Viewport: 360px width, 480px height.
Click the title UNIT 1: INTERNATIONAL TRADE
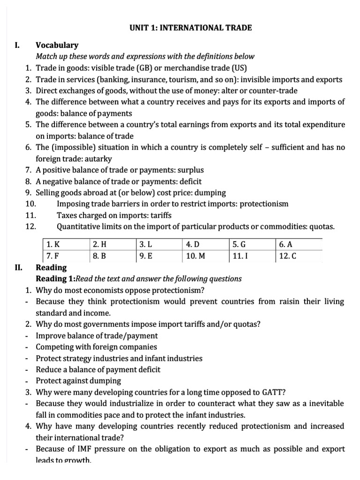click(x=190, y=28)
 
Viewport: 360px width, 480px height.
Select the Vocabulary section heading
click(x=57, y=45)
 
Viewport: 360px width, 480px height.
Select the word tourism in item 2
click(x=193, y=80)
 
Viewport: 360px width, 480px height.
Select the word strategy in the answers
click(x=75, y=358)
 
